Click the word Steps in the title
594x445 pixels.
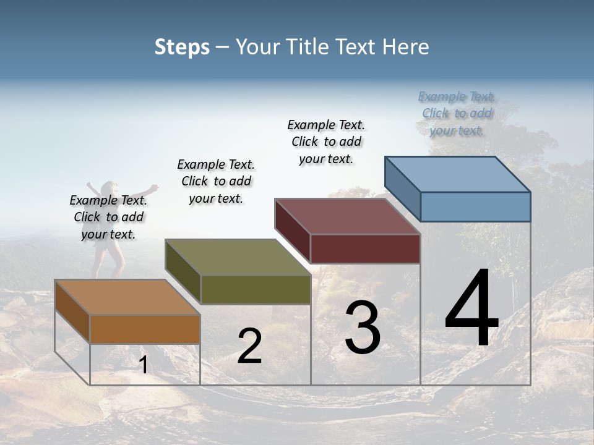(x=182, y=47)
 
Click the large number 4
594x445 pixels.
(x=471, y=309)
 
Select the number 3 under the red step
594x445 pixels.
(x=363, y=328)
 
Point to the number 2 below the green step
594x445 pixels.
(x=249, y=347)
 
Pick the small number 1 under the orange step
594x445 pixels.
(x=144, y=365)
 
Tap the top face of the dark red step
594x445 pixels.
(x=347, y=216)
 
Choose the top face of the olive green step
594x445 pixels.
(x=238, y=257)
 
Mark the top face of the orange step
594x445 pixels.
(x=127, y=297)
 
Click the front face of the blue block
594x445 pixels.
(x=475, y=206)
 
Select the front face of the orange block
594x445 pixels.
(x=145, y=329)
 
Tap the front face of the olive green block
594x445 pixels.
(x=256, y=289)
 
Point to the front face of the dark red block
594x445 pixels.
(x=365, y=248)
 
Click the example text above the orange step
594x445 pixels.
(x=108, y=217)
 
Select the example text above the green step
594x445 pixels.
(x=216, y=181)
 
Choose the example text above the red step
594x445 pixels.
(x=326, y=142)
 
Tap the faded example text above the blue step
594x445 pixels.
(x=457, y=113)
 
